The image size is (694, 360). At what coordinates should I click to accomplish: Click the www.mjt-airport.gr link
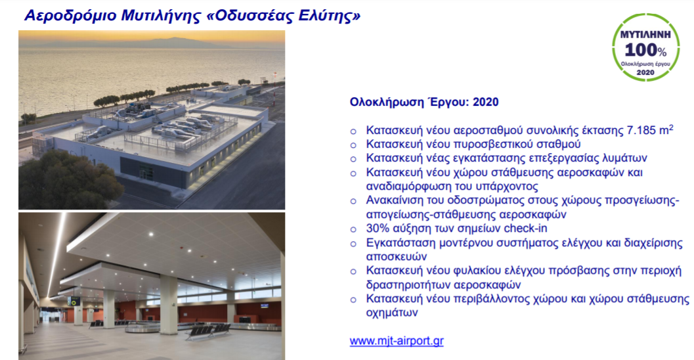(x=397, y=341)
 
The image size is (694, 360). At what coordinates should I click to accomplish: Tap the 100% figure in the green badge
(x=645, y=50)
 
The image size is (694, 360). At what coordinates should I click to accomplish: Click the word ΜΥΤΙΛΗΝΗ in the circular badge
(x=645, y=34)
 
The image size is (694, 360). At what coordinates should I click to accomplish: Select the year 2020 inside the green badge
(x=645, y=72)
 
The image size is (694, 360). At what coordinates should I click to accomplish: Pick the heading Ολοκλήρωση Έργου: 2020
(x=424, y=102)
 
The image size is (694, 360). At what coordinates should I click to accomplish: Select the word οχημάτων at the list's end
(x=392, y=313)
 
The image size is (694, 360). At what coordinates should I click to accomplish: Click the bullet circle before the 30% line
(x=353, y=229)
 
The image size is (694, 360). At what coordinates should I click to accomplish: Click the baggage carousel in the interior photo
(x=142, y=328)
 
